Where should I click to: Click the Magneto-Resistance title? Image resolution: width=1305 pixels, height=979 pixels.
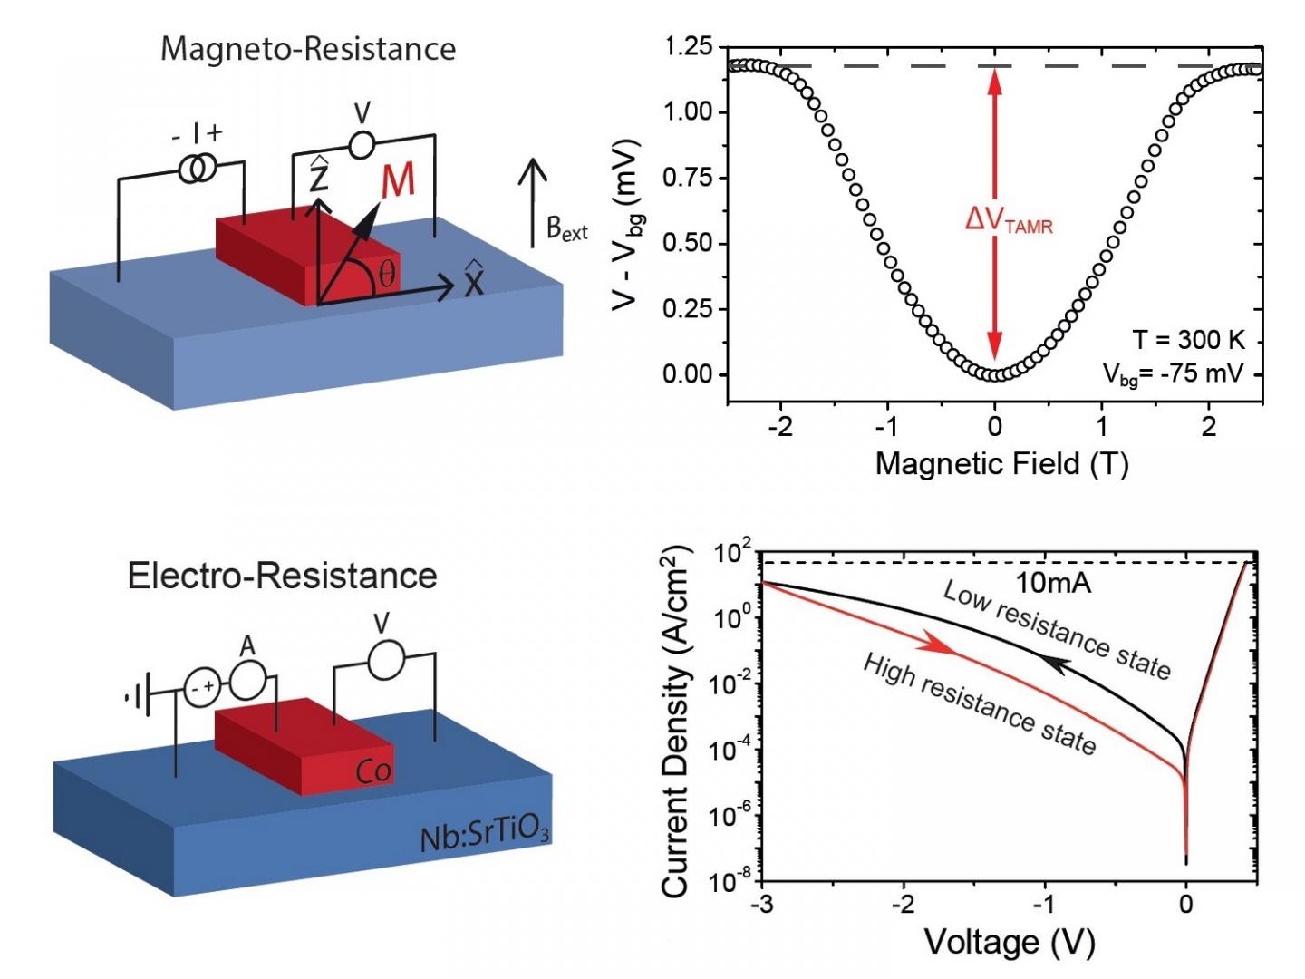point(308,48)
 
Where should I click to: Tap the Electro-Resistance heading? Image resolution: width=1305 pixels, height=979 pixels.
point(282,576)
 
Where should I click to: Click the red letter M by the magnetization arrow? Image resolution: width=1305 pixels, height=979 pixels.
point(398,180)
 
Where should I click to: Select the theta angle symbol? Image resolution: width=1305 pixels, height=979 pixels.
point(387,273)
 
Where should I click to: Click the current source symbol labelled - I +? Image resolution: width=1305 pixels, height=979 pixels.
point(197,168)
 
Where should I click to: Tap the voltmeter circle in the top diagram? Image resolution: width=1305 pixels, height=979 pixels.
point(362,144)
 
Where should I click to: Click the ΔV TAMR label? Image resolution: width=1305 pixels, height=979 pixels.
point(1009,219)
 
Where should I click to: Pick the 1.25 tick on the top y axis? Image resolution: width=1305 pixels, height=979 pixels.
point(688,47)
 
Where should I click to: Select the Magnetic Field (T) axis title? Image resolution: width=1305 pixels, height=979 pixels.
point(1000,464)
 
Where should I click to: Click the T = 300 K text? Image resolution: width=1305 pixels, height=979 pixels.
point(1188,340)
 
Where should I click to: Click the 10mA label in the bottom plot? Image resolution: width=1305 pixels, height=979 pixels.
point(1052,583)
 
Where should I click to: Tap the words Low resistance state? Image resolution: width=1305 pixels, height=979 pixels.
point(1057,629)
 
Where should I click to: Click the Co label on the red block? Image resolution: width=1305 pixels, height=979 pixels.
point(373,771)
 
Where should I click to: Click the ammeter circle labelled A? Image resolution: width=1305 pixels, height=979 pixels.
point(246,679)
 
